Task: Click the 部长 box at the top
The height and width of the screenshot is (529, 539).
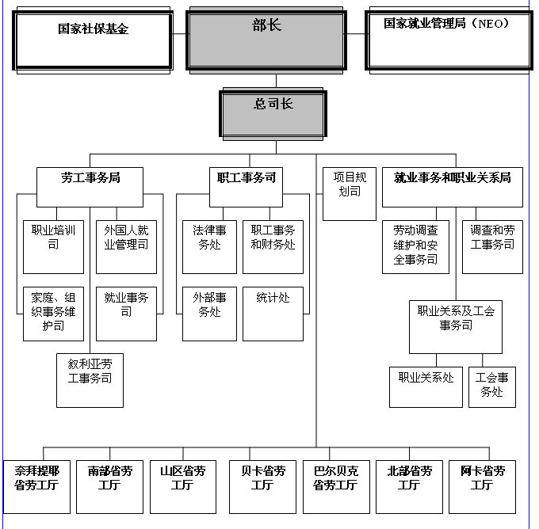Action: (x=266, y=40)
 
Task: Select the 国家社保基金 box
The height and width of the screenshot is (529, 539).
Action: (x=93, y=40)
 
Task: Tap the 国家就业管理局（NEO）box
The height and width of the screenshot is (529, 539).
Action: (x=449, y=40)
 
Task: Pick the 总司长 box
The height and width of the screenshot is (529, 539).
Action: (x=273, y=114)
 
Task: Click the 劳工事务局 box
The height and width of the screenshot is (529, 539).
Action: (x=90, y=187)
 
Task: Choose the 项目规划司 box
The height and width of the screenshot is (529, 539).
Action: (x=350, y=194)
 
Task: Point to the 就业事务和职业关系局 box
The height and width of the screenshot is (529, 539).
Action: (x=453, y=187)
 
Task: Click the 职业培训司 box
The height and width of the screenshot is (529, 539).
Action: (x=53, y=247)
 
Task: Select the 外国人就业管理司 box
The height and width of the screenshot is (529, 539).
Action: (x=126, y=247)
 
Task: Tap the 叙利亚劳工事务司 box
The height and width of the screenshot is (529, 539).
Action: (x=90, y=380)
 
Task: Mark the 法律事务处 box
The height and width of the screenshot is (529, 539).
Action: (x=209, y=247)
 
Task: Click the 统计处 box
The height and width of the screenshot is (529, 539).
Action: (x=273, y=314)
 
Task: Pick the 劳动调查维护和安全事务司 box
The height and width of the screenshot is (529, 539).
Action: (x=415, y=247)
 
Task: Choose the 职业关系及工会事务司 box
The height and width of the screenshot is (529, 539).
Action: (x=456, y=327)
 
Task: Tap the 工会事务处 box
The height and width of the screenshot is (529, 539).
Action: (x=492, y=387)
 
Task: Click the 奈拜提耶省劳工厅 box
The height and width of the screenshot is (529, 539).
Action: (x=36, y=487)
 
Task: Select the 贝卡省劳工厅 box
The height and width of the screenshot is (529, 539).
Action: (x=262, y=487)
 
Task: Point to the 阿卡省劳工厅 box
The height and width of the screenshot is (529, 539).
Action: (x=482, y=487)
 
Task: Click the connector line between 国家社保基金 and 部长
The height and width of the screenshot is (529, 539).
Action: (x=179, y=34)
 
